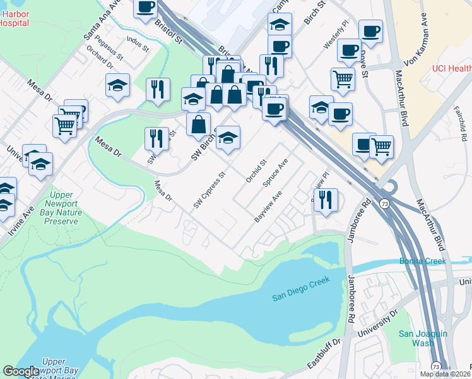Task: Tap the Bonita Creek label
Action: point(422,261)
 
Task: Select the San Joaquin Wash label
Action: point(423,338)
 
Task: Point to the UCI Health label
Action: point(451,68)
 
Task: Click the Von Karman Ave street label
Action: point(412,50)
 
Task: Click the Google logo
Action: point(21,371)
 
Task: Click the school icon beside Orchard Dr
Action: point(117,85)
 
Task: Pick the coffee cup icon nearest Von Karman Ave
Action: point(370,30)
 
